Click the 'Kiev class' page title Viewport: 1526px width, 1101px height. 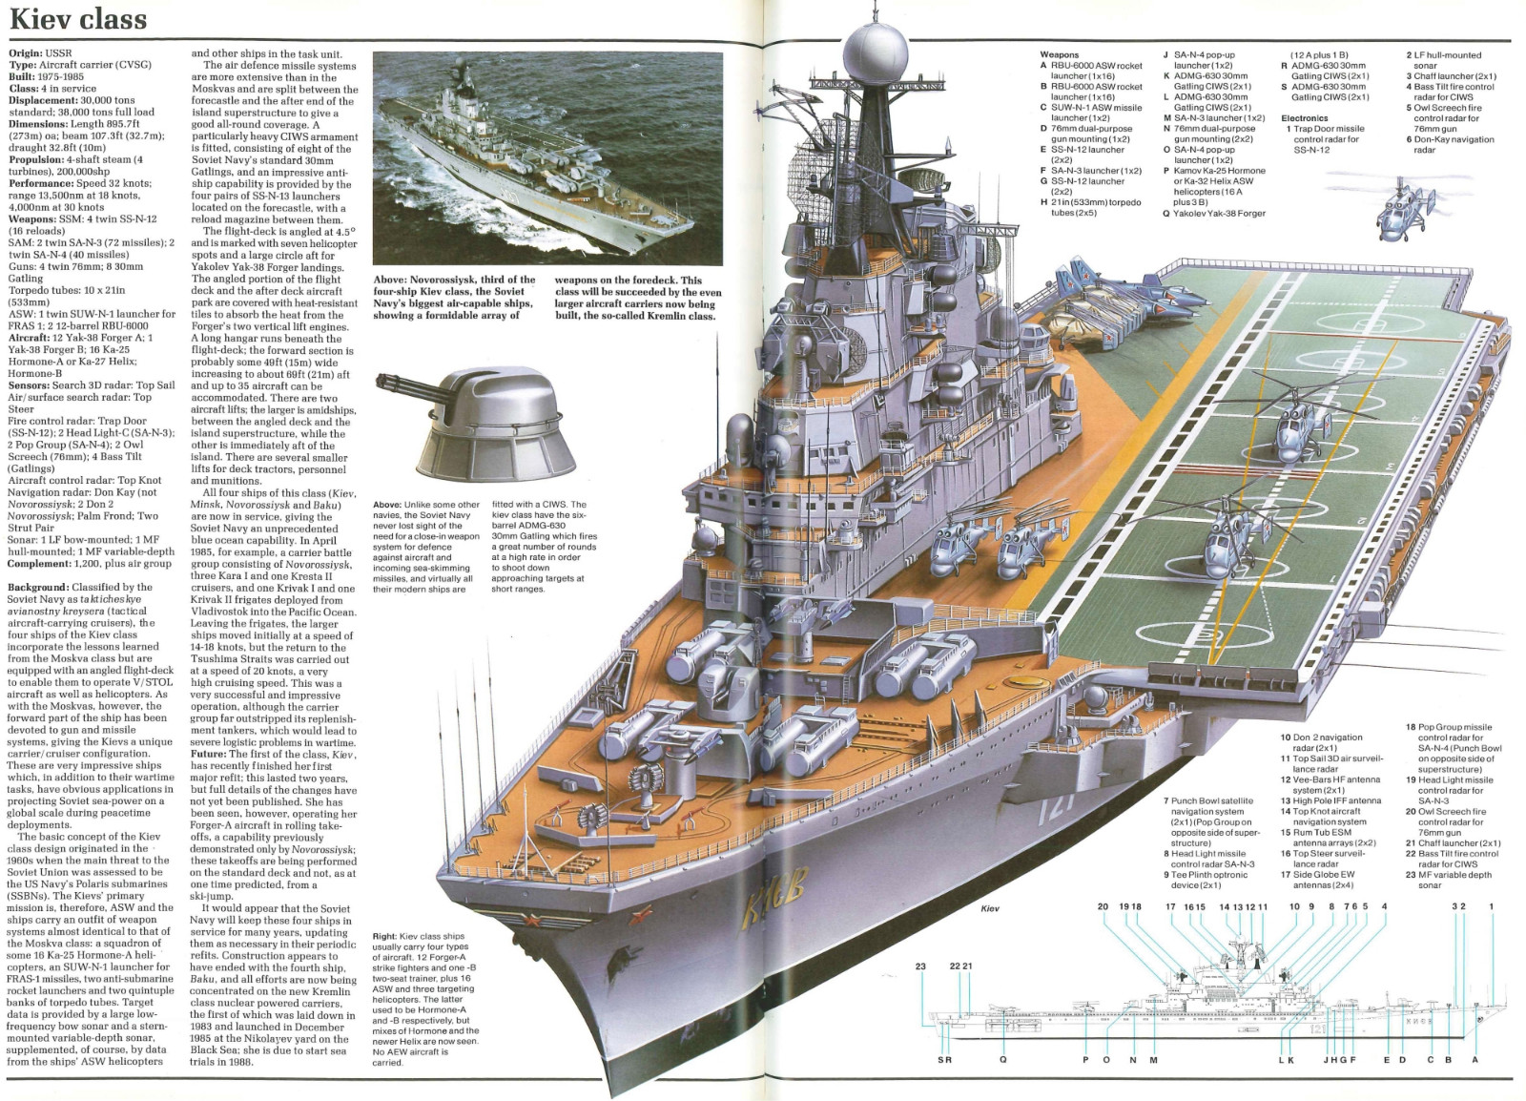(78, 18)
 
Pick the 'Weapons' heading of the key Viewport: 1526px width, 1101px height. (1059, 55)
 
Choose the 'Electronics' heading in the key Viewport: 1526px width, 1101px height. (1305, 118)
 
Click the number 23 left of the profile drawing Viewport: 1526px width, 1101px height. (920, 967)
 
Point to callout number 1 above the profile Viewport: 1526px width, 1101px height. (1490, 906)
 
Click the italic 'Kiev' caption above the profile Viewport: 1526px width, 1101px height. (989, 909)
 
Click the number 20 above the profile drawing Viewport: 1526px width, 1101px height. (1103, 906)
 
